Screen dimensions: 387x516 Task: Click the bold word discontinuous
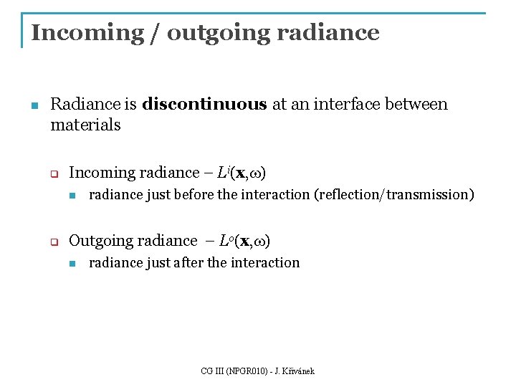pyautogui.click(x=204, y=105)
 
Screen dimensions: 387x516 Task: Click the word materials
pyautogui.click(x=85, y=125)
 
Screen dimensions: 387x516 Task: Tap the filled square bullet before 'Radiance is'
pyautogui.click(x=33, y=106)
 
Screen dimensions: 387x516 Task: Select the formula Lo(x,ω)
pyautogui.click(x=243, y=241)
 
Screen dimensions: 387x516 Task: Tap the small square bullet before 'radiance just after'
pyautogui.click(x=72, y=264)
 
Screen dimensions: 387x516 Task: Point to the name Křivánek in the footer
pyautogui.click(x=297, y=371)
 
